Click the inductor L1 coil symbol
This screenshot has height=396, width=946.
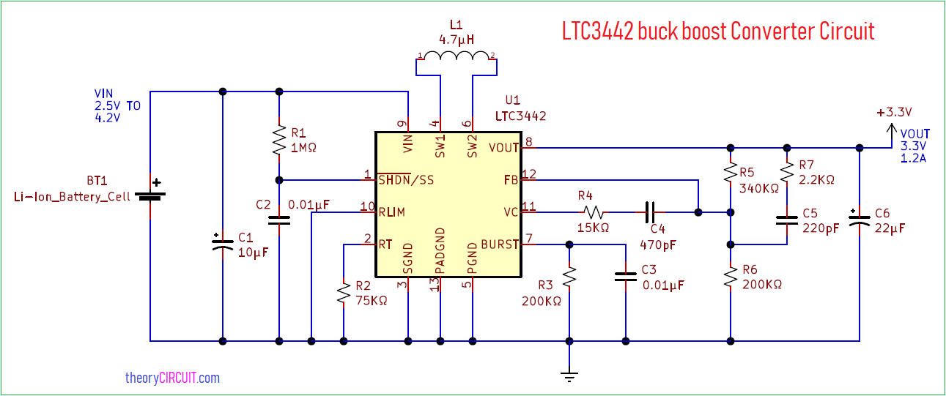pos(457,58)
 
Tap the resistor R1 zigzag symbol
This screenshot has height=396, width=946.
pos(278,140)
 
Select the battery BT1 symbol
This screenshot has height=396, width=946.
pos(150,195)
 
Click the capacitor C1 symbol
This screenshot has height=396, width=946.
pos(223,244)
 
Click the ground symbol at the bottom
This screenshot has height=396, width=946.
pos(569,376)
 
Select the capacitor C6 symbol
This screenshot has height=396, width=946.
pos(860,219)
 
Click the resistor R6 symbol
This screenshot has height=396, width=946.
pos(730,277)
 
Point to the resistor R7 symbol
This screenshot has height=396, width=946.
pos(786,172)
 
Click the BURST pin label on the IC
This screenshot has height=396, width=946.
pos(500,244)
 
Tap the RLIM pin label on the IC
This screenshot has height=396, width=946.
pos(392,212)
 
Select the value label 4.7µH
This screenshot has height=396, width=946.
pos(456,39)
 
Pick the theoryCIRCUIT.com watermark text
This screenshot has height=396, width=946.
pos(172,378)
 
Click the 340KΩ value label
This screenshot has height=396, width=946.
pos(759,188)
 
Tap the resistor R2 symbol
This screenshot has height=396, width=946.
pos(343,294)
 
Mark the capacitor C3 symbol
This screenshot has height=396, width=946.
pos(625,277)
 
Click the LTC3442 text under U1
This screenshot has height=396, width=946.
pos(520,116)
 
